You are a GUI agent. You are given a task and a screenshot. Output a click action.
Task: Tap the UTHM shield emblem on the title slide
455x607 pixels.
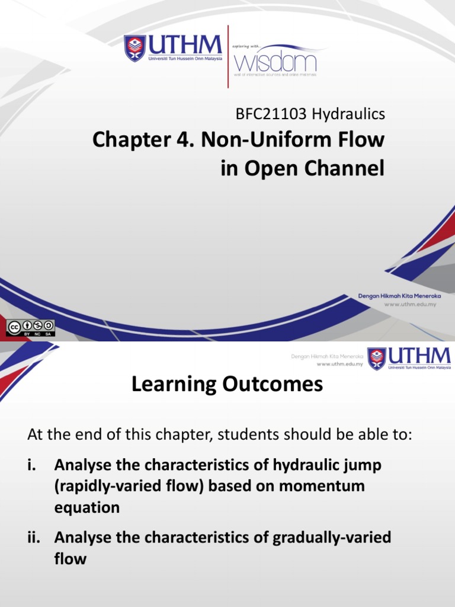tap(134, 48)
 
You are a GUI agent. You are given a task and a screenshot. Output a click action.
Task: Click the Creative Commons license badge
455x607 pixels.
tap(30, 327)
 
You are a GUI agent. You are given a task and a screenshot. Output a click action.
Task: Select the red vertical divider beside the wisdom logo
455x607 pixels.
tap(228, 56)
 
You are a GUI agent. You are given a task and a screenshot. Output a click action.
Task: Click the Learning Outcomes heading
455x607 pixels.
tap(227, 385)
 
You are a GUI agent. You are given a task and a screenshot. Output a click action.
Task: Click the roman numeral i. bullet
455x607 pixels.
tap(33, 465)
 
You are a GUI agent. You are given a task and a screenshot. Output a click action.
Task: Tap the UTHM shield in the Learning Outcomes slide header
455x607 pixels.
tap(376, 359)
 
